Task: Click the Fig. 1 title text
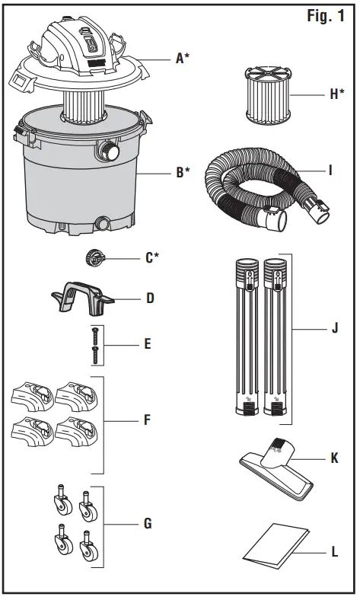pos(324,17)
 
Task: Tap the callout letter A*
pos(183,57)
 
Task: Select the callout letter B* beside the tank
pos(183,173)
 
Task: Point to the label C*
pos(152,257)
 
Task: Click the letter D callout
pos(149,298)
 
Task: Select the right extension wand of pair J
pos(275,335)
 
